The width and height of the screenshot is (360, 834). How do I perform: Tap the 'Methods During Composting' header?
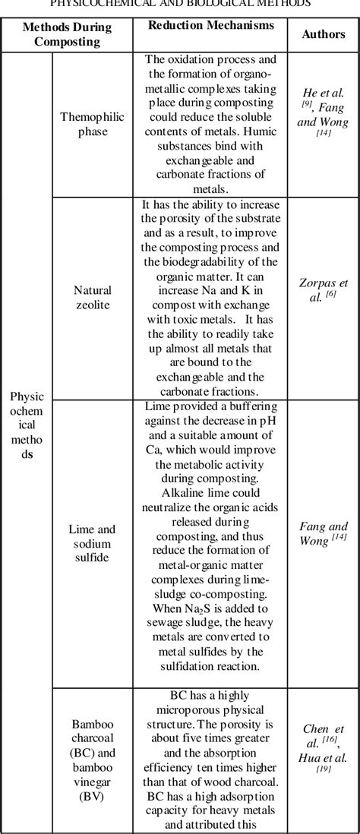coord(67,34)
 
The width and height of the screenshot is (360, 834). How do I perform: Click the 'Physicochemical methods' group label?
coord(27,425)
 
